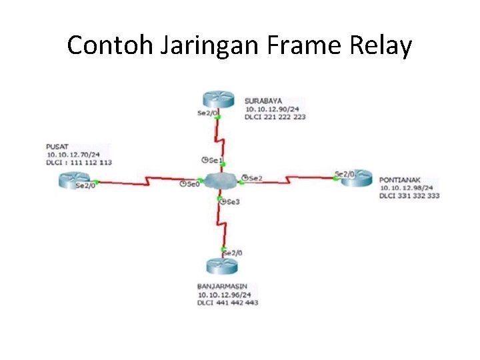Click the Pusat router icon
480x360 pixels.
click(x=72, y=179)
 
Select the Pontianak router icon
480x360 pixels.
click(x=355, y=177)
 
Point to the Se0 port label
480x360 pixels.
click(x=192, y=183)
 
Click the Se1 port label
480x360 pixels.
click(x=215, y=160)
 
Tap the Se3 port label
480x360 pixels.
click(x=232, y=201)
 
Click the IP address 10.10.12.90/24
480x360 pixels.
click(x=272, y=109)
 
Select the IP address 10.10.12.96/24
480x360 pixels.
click(x=224, y=294)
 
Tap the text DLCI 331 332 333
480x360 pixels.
click(x=410, y=196)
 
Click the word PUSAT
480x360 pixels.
click(x=57, y=147)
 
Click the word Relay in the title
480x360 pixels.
click(x=385, y=45)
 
